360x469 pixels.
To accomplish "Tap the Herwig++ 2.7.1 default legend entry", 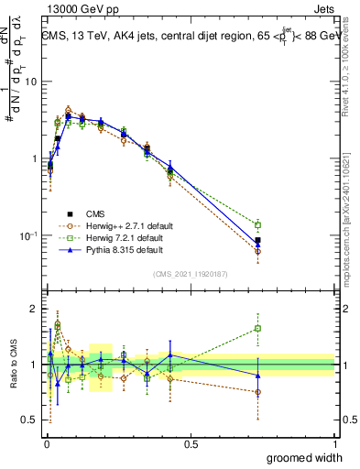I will click(124, 225).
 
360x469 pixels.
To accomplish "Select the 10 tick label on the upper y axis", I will click(30, 82).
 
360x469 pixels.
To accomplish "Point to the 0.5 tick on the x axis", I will click(191, 444).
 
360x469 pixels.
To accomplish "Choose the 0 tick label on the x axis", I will click(47, 444).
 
